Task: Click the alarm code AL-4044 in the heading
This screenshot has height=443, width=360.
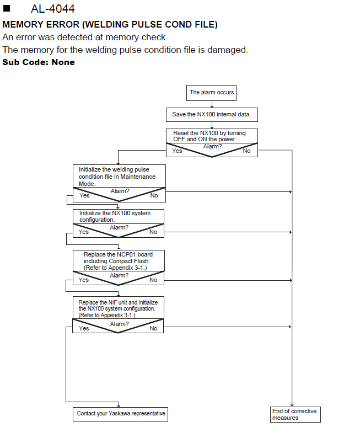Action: click(52, 9)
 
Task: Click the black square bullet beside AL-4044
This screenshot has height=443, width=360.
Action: click(7, 8)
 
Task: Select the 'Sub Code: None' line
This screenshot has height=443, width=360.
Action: click(39, 62)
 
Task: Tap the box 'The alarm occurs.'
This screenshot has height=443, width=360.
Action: click(212, 93)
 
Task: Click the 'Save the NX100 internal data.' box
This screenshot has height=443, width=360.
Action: click(212, 115)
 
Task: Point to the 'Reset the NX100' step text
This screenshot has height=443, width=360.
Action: click(209, 136)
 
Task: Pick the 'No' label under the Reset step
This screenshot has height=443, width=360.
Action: click(246, 151)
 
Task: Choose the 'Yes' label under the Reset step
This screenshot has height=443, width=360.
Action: click(177, 151)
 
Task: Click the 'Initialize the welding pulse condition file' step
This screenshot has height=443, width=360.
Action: click(117, 177)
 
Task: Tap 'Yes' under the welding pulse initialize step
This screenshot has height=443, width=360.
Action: click(84, 195)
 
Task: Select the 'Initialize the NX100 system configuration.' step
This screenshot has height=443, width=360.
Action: click(115, 216)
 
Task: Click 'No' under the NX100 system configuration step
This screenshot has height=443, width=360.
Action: click(153, 232)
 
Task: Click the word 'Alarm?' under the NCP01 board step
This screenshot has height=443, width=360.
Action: click(119, 275)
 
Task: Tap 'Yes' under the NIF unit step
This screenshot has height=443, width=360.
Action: click(84, 328)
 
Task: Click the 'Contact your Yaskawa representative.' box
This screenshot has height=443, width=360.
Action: click(120, 414)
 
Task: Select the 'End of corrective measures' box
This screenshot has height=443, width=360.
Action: click(295, 414)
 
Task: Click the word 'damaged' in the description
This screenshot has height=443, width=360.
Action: click(228, 50)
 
